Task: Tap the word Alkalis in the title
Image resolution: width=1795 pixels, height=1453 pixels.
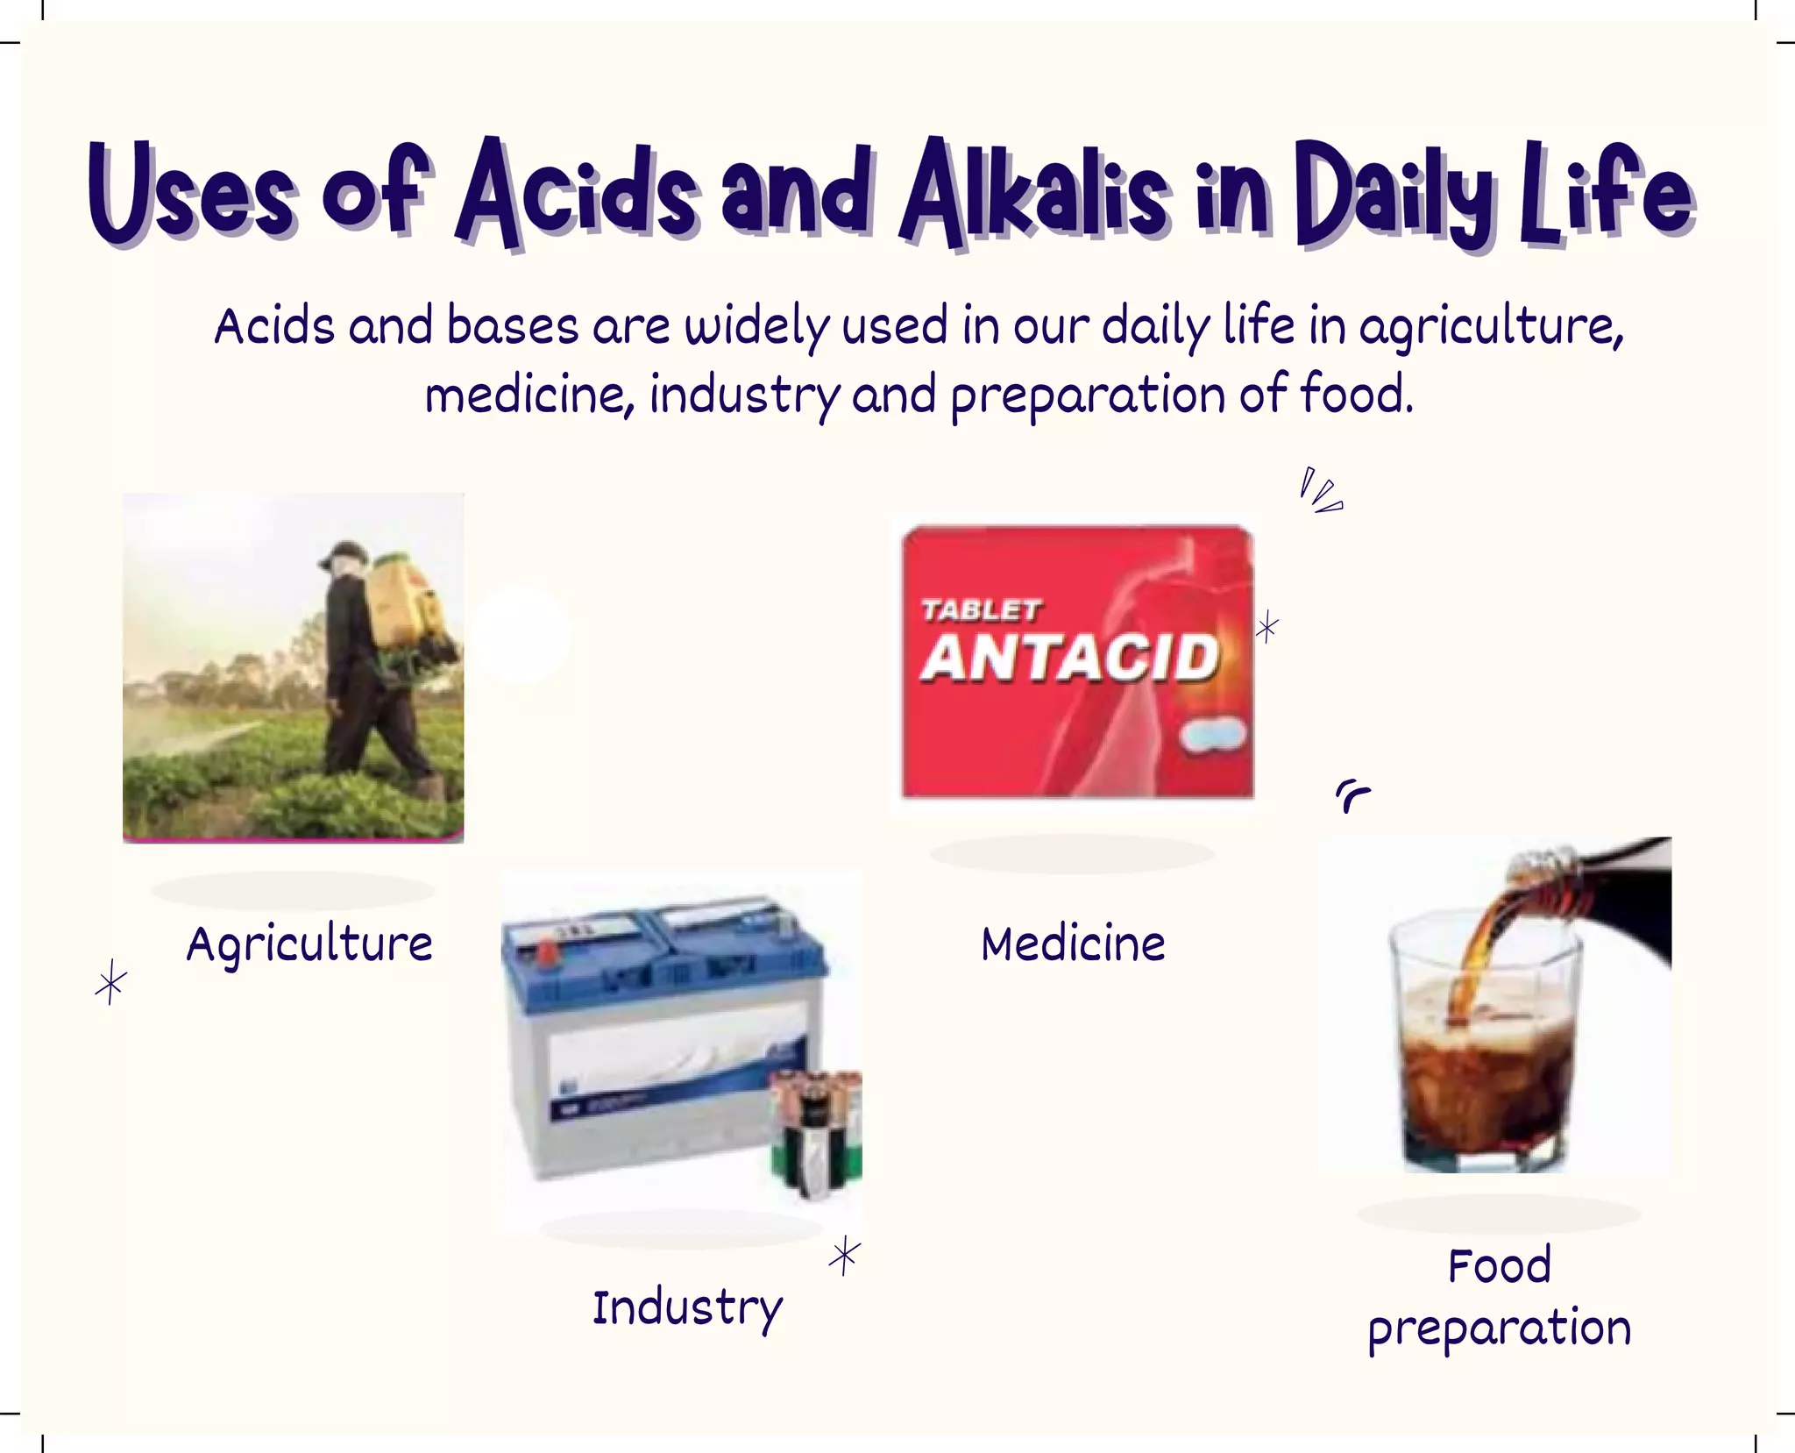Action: click(1034, 195)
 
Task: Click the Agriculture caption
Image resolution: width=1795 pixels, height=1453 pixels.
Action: click(309, 944)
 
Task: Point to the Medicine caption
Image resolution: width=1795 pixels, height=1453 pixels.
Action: click(1073, 944)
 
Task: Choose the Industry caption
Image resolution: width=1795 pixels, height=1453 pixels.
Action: click(687, 1308)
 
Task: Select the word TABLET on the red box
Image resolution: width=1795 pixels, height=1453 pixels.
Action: click(980, 610)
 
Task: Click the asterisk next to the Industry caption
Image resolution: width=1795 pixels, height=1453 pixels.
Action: click(844, 1256)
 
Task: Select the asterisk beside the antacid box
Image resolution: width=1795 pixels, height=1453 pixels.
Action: click(1266, 628)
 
